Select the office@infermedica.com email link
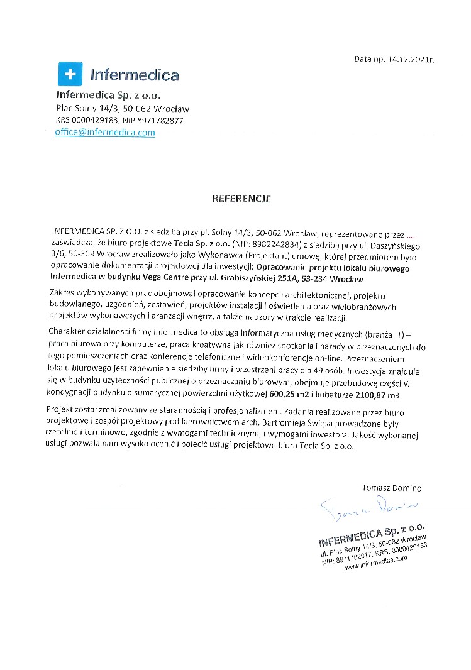[105, 132]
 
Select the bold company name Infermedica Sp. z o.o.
[108, 96]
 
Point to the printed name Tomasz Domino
[392, 487]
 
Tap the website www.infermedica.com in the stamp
[375, 564]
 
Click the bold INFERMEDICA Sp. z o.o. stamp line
[372, 534]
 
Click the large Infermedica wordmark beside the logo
[135, 75]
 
